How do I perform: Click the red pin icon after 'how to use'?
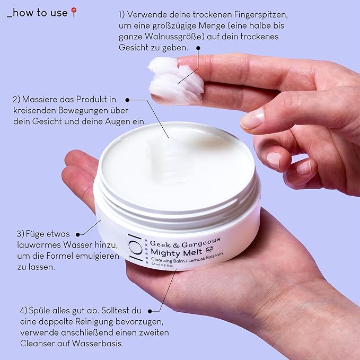tap(74, 12)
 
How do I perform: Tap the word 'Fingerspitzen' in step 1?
tap(261, 15)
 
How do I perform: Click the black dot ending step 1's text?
tap(198, 48)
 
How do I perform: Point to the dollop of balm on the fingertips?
tap(175, 81)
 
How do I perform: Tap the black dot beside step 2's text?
tap(127, 100)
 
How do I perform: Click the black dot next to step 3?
tap(77, 234)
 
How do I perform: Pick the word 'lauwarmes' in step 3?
tap(39, 245)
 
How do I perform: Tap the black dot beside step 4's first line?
tap(150, 311)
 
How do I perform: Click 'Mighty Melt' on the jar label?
tap(177, 252)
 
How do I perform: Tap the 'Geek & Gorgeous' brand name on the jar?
tap(185, 243)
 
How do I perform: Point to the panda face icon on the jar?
tap(209, 249)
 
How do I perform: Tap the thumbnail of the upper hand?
tap(252, 118)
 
